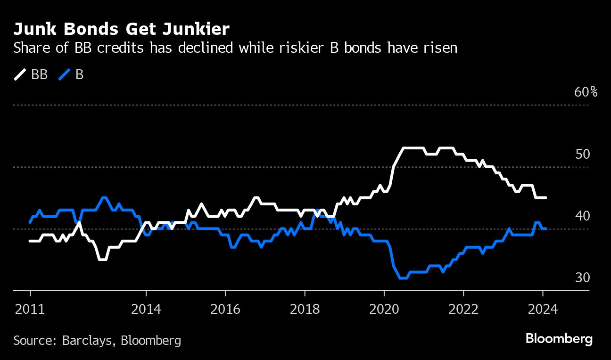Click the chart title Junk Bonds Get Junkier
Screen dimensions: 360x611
pyautogui.click(x=121, y=29)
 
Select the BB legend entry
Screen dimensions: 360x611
pyautogui.click(x=31, y=74)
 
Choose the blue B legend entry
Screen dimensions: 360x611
pyautogui.click(x=71, y=74)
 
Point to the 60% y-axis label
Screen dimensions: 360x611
pyautogui.click(x=586, y=92)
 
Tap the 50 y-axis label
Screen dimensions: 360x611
pyautogui.click(x=583, y=154)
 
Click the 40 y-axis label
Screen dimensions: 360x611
pyautogui.click(x=583, y=216)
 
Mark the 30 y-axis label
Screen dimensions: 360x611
pyautogui.click(x=583, y=278)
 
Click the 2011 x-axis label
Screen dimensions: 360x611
pyautogui.click(x=30, y=309)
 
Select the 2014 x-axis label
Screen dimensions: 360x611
pyautogui.click(x=146, y=309)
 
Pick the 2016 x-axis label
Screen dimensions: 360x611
pyautogui.click(x=225, y=309)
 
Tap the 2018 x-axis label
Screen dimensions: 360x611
pyautogui.click(x=305, y=309)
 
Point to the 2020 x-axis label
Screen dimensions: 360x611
pyautogui.click(x=384, y=309)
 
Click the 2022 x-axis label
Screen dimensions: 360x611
pyautogui.click(x=463, y=309)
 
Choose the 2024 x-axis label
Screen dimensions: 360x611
pyautogui.click(x=543, y=309)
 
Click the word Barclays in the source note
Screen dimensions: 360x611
pyautogui.click(x=90, y=340)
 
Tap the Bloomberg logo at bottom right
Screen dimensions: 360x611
pyautogui.click(x=559, y=339)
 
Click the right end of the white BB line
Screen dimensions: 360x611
pyautogui.click(x=545, y=197)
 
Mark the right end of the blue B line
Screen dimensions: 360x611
pyautogui.click(x=545, y=229)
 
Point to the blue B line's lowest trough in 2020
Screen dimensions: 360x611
pyautogui.click(x=403, y=278)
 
